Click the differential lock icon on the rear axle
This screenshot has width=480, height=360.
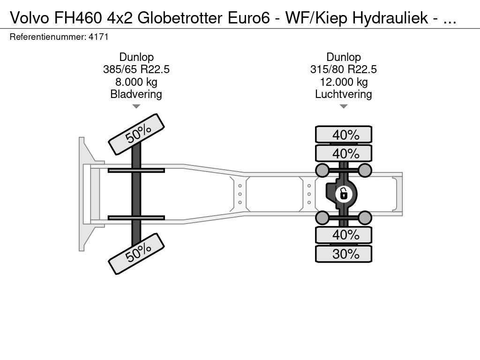pos(344,194)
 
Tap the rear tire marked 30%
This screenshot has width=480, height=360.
pos(344,254)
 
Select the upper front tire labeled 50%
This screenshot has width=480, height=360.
pos(136,135)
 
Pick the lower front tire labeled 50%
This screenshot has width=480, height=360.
pos(136,254)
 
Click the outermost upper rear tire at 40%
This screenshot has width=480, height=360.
pos(344,135)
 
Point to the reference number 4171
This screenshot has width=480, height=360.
pos(98,37)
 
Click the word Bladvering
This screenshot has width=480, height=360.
pos(136,94)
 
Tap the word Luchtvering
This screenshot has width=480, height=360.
pos(344,94)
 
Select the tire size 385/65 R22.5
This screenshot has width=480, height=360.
pos(136,69)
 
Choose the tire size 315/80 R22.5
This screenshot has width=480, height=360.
pos(344,69)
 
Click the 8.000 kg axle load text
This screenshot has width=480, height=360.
pos(136,82)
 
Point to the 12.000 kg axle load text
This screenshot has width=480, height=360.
pos(344,82)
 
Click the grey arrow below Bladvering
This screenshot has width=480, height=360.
pos(136,106)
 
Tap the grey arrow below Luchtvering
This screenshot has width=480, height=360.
pos(344,106)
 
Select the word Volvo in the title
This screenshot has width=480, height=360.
pos(30,18)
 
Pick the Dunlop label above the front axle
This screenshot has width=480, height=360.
pos(136,57)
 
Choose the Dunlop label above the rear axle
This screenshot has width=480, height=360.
pos(344,57)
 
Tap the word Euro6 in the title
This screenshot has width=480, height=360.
pos(248,18)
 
